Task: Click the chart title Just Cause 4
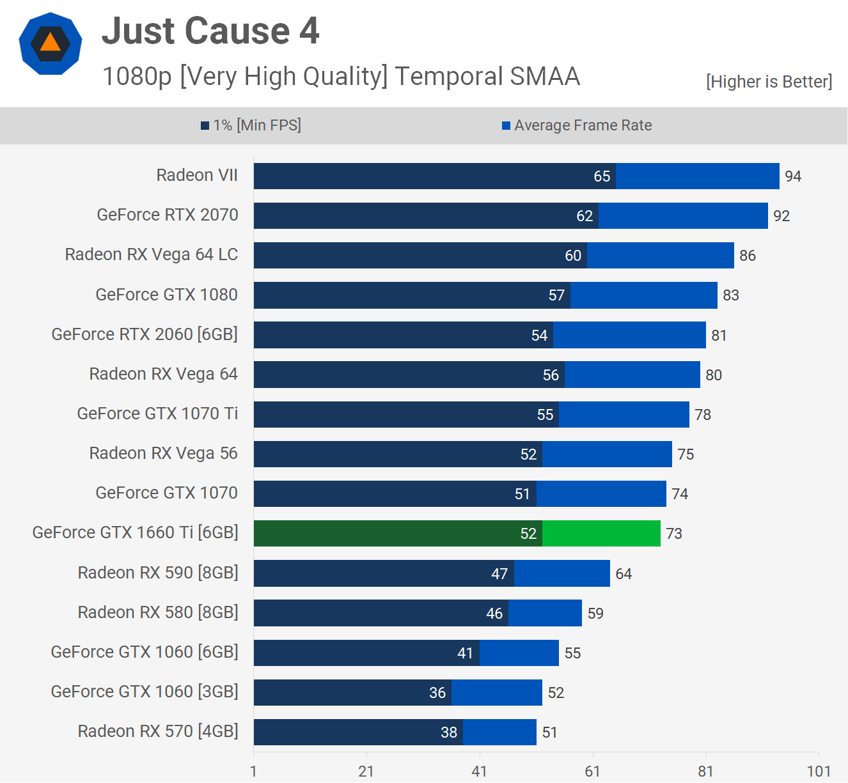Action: [210, 31]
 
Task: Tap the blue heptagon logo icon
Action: [51, 43]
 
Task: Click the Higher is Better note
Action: [769, 82]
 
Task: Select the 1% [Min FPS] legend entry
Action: [251, 125]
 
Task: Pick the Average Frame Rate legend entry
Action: [577, 125]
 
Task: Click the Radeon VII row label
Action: [197, 175]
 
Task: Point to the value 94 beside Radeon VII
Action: [793, 176]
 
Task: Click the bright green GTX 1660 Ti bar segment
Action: [601, 534]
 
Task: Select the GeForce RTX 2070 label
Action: [168, 215]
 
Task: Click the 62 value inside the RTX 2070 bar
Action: [585, 216]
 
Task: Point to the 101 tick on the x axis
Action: [819, 771]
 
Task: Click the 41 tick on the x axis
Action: [479, 771]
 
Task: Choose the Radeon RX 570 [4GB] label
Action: [158, 731]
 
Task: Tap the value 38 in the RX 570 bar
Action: [449, 733]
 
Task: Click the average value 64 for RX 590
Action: [624, 574]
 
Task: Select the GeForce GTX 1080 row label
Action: [166, 295]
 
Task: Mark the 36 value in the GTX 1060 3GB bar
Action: [437, 693]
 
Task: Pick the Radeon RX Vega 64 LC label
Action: [152, 254]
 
